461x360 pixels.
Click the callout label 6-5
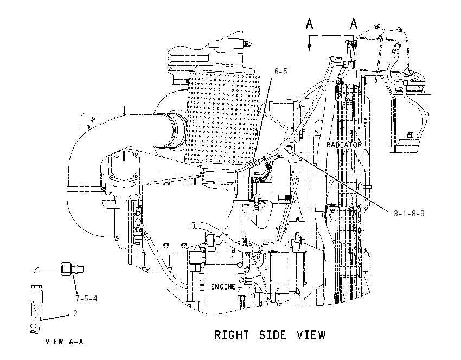280,72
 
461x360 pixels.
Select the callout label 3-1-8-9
409,214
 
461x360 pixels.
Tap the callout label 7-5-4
86,299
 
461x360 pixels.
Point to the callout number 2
75,313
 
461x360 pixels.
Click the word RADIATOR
344,145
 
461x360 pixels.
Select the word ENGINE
223,286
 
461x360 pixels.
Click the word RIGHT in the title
232,335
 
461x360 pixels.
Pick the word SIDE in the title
273,335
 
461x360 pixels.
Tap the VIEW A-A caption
65,342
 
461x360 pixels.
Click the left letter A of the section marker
309,23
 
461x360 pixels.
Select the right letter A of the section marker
354,23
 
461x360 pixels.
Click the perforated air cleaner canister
223,118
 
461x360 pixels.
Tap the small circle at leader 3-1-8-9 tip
289,148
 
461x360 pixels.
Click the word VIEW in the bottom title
311,335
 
